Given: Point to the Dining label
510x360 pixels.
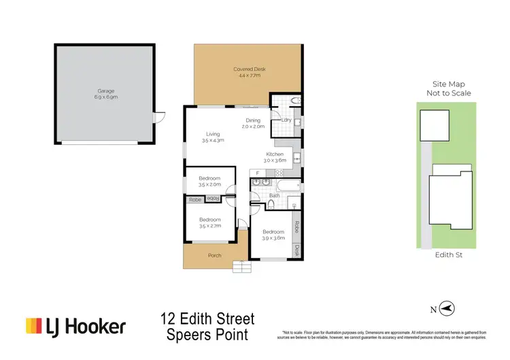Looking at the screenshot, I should (254, 120).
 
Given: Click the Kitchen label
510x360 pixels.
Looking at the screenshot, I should (275, 154).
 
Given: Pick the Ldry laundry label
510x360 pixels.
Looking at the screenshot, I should (286, 120).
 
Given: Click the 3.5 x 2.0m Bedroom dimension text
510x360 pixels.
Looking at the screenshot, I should (209, 184).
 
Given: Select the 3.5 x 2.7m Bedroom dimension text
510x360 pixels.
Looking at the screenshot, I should (209, 225).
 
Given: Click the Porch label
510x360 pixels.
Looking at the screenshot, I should (215, 255).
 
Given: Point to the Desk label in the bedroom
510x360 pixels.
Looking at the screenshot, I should (297, 249).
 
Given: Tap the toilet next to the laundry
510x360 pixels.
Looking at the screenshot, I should (294, 101).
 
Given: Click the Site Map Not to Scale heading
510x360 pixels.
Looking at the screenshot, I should (448, 88).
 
